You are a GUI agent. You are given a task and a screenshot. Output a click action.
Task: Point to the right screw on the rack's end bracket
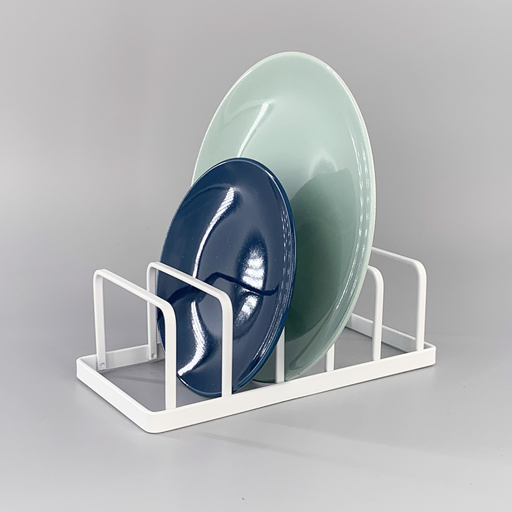(154, 352)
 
